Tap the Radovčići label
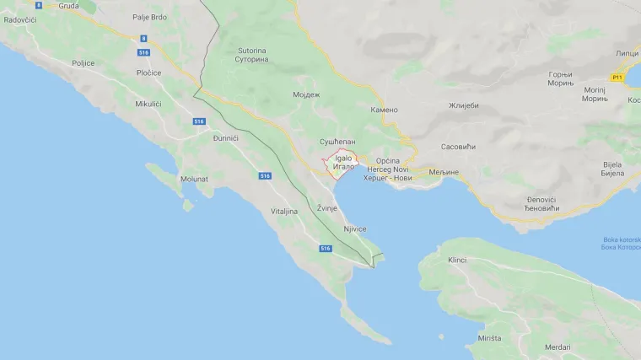click(x=20, y=19)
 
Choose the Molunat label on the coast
click(x=194, y=179)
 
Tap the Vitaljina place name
click(x=284, y=211)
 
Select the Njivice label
click(x=355, y=228)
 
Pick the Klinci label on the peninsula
click(x=458, y=260)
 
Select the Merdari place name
click(x=557, y=347)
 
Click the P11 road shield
click(x=617, y=77)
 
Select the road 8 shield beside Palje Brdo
click(x=144, y=38)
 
